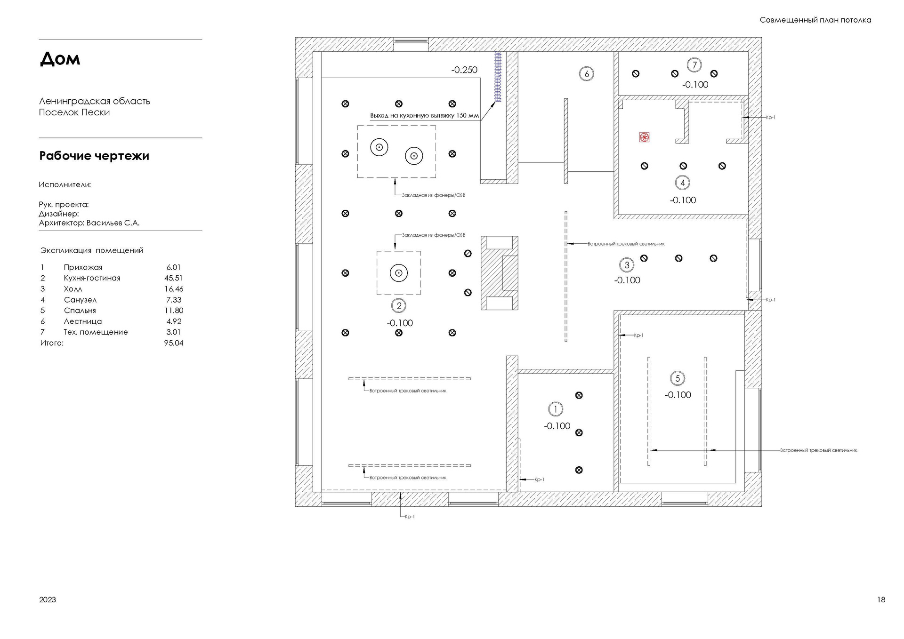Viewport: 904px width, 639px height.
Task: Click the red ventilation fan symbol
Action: click(644, 137)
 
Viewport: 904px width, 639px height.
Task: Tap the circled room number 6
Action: click(587, 74)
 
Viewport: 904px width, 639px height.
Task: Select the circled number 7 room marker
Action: click(694, 65)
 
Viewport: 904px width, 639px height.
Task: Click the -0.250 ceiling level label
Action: click(464, 70)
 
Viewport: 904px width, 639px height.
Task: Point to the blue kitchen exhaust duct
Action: click(497, 77)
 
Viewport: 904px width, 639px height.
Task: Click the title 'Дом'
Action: click(60, 59)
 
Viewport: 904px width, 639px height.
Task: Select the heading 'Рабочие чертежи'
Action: click(94, 156)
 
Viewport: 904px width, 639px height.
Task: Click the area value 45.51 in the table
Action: click(173, 278)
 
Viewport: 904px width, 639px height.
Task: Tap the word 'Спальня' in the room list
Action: click(80, 311)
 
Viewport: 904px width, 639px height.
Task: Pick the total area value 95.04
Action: click(174, 343)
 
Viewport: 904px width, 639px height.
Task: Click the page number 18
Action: click(881, 599)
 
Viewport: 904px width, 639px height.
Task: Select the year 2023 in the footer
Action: click(48, 599)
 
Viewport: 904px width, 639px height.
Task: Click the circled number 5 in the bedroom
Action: click(678, 378)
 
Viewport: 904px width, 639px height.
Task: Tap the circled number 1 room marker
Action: click(556, 409)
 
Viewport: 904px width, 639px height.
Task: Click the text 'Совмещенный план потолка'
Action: click(815, 20)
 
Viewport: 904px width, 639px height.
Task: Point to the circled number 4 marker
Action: click(682, 183)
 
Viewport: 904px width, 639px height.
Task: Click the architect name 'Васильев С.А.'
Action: click(113, 223)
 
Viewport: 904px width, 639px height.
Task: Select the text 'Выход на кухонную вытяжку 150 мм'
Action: click(424, 115)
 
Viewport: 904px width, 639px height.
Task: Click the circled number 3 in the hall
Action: click(627, 265)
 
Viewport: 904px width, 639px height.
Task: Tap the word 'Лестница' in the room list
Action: click(83, 321)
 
